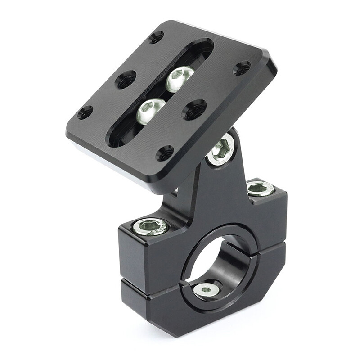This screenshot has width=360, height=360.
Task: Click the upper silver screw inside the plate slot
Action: (x=180, y=78)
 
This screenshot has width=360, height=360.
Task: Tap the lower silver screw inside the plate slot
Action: (x=150, y=111)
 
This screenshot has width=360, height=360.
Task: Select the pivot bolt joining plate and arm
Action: (x=221, y=151)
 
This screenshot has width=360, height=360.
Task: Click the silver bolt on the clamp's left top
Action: (x=151, y=226)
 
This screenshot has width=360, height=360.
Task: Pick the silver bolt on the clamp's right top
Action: (x=261, y=188)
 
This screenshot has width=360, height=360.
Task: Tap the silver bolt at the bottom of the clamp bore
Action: (x=207, y=290)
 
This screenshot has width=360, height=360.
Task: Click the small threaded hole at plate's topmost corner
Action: (x=156, y=37)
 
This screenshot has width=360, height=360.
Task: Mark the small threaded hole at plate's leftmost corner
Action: (x=85, y=112)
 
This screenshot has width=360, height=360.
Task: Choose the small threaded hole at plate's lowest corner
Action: (x=165, y=153)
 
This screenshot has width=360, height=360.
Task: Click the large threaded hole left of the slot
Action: (x=126, y=80)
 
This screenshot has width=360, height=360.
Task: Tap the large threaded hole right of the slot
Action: (x=194, y=109)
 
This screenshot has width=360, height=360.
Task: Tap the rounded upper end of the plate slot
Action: (x=202, y=47)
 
